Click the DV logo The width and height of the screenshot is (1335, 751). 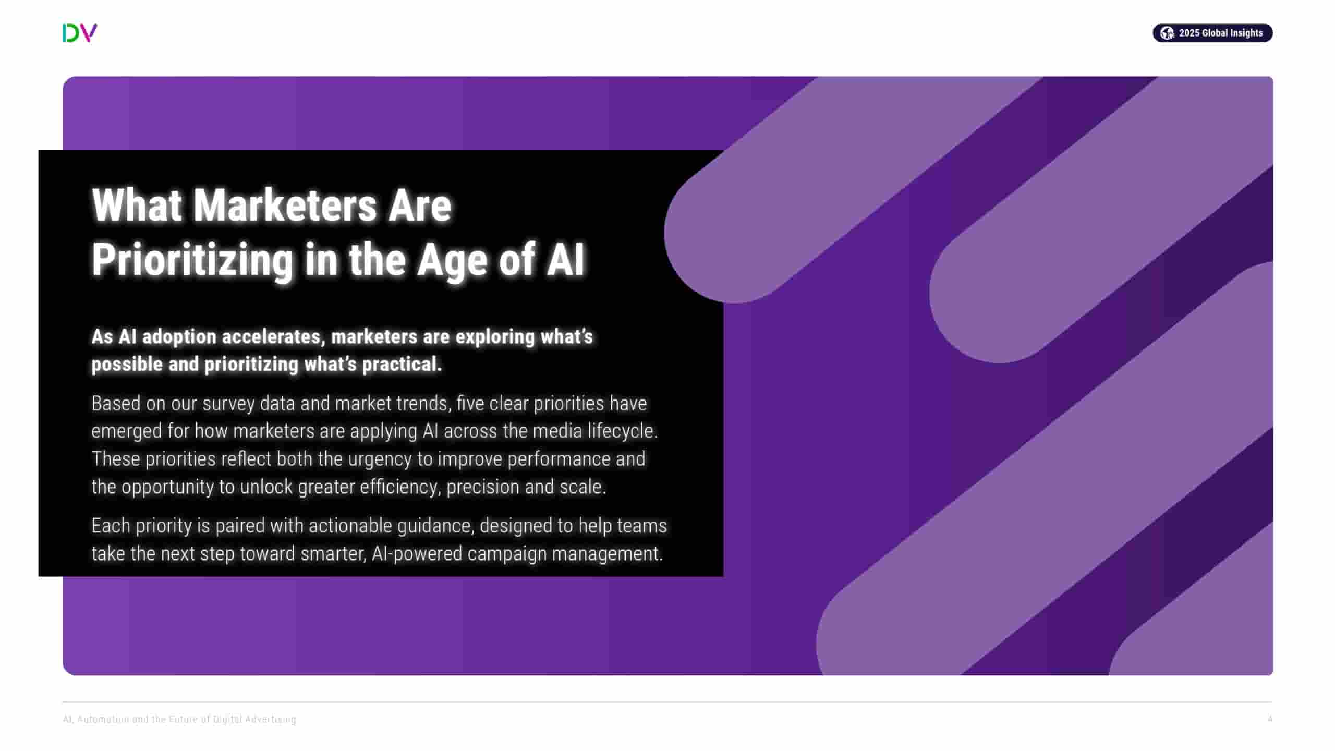pos(79,33)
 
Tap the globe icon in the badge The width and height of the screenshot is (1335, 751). pos(1167,33)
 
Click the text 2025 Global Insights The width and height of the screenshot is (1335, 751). pos(1220,33)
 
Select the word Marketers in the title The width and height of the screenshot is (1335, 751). pos(285,205)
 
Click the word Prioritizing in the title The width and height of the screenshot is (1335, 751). pos(192,260)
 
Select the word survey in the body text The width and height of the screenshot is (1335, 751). pos(228,404)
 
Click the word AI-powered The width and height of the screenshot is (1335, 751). pos(417,554)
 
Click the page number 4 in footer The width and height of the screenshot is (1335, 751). pos(1270,719)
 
